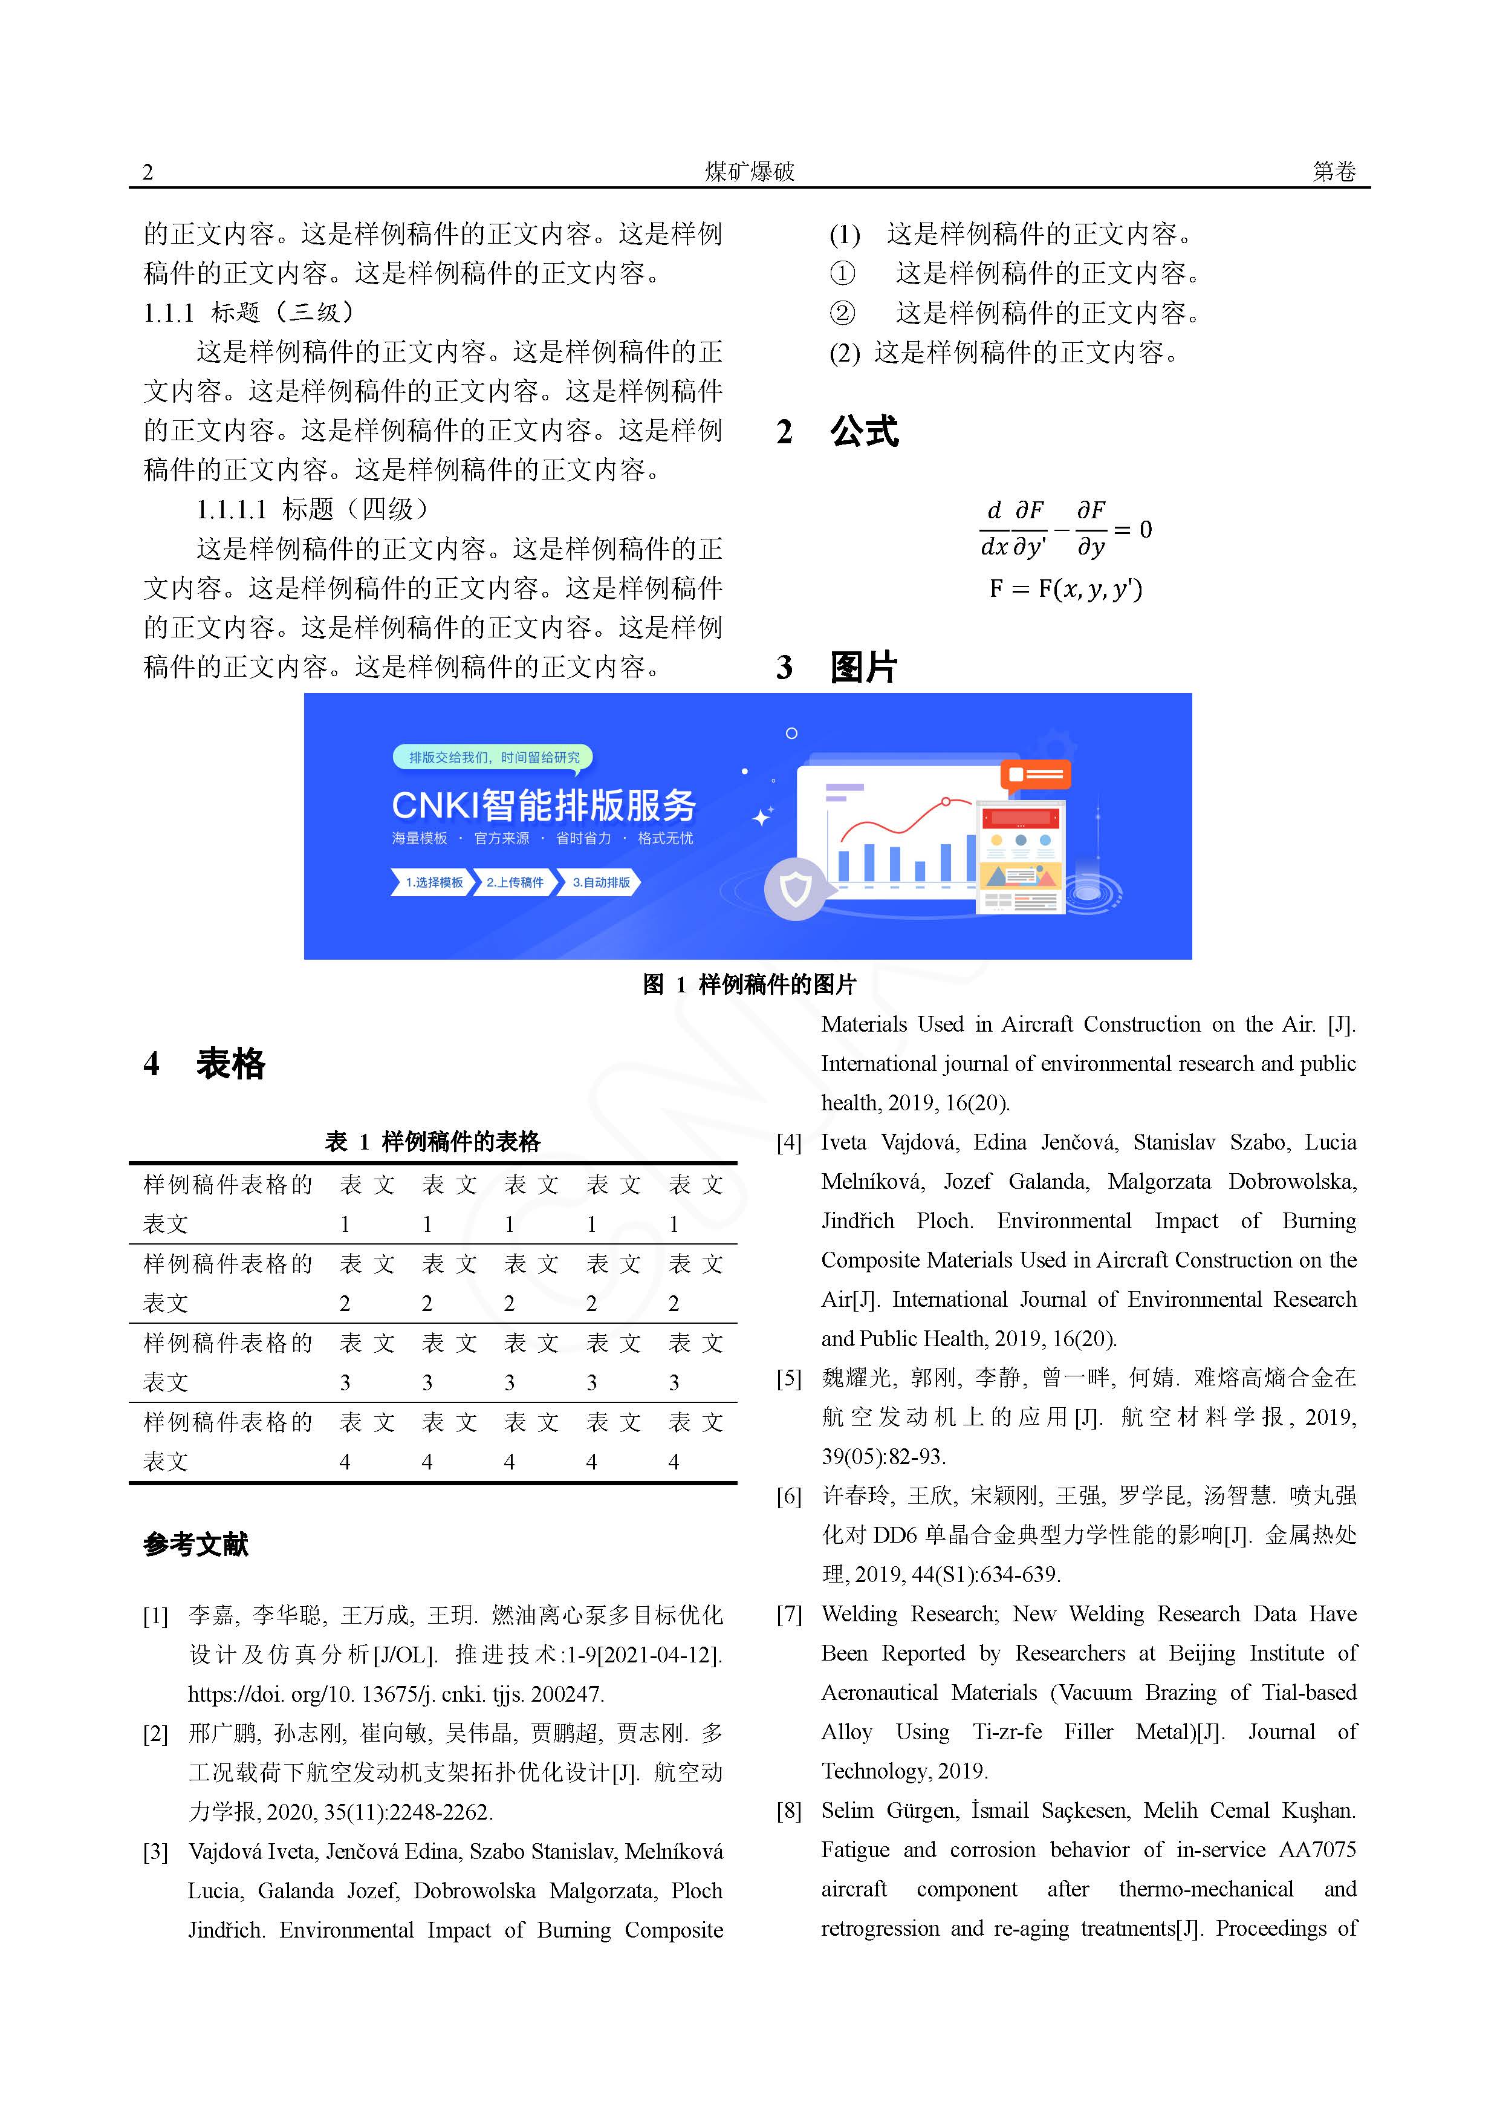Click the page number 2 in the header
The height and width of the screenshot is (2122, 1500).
[148, 172]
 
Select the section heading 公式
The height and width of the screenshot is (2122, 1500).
[863, 432]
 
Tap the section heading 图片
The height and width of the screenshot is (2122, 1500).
[863, 667]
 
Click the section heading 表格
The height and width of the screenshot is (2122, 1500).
[230, 1064]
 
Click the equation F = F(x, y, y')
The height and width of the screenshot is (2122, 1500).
[1066, 589]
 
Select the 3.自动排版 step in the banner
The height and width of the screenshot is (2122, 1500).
[601, 883]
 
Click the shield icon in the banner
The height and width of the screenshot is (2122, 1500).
[796, 889]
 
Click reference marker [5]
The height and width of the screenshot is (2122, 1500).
[788, 1379]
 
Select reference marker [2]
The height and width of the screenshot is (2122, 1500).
[155, 1734]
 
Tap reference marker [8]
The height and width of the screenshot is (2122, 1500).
[788, 1811]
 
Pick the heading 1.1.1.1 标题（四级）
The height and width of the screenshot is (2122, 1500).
[313, 509]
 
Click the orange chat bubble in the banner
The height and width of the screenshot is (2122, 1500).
[1035, 773]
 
